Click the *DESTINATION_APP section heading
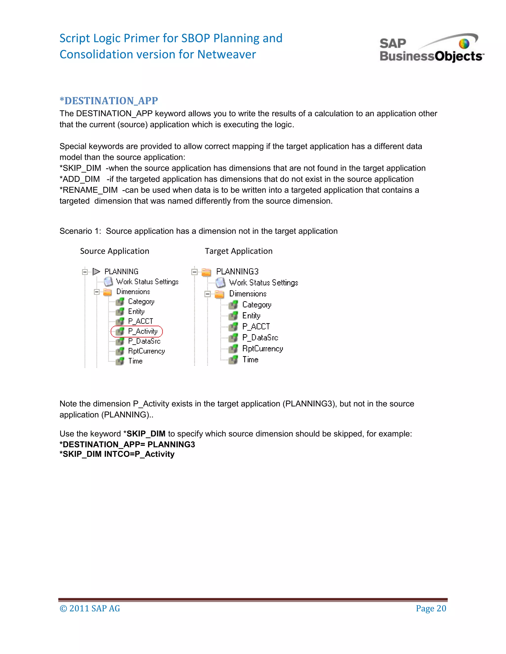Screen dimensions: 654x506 [x=108, y=101]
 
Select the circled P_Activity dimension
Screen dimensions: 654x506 [x=142, y=331]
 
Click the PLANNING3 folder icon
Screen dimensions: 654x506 [x=206, y=272]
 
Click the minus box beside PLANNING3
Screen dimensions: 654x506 [x=194, y=272]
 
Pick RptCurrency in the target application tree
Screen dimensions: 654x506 [x=262, y=348]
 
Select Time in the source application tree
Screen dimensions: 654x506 [x=135, y=361]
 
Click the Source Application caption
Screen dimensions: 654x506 [x=114, y=251]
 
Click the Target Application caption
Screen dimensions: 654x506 [x=238, y=251]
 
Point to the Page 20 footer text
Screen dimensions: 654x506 [x=431, y=609]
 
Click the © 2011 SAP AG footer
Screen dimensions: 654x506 [x=90, y=609]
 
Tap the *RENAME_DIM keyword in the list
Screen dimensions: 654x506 [x=88, y=190]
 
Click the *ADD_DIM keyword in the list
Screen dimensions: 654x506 [x=80, y=179]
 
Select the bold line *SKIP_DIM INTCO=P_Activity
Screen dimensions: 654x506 [x=117, y=454]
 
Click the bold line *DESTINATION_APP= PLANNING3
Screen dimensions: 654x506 [x=127, y=444]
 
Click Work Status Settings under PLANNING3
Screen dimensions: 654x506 [x=263, y=283]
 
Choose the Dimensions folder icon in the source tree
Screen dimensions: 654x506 [x=107, y=292]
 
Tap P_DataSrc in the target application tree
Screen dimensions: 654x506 [x=260, y=338]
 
